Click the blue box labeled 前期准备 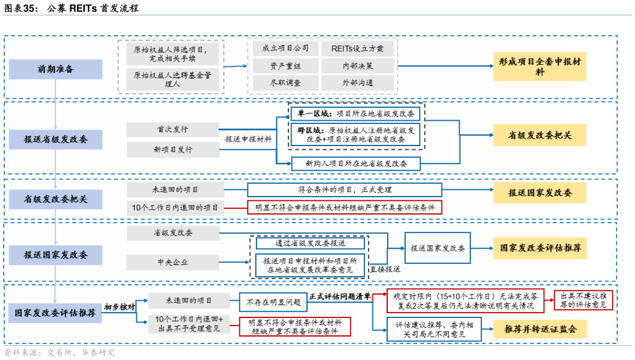(x=56, y=69)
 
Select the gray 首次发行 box (x=172, y=129)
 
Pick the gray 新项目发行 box (x=172, y=150)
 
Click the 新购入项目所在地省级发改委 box (x=356, y=163)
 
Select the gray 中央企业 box (x=172, y=262)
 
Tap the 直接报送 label (x=385, y=269)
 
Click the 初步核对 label (x=119, y=307)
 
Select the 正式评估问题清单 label (x=340, y=297)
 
